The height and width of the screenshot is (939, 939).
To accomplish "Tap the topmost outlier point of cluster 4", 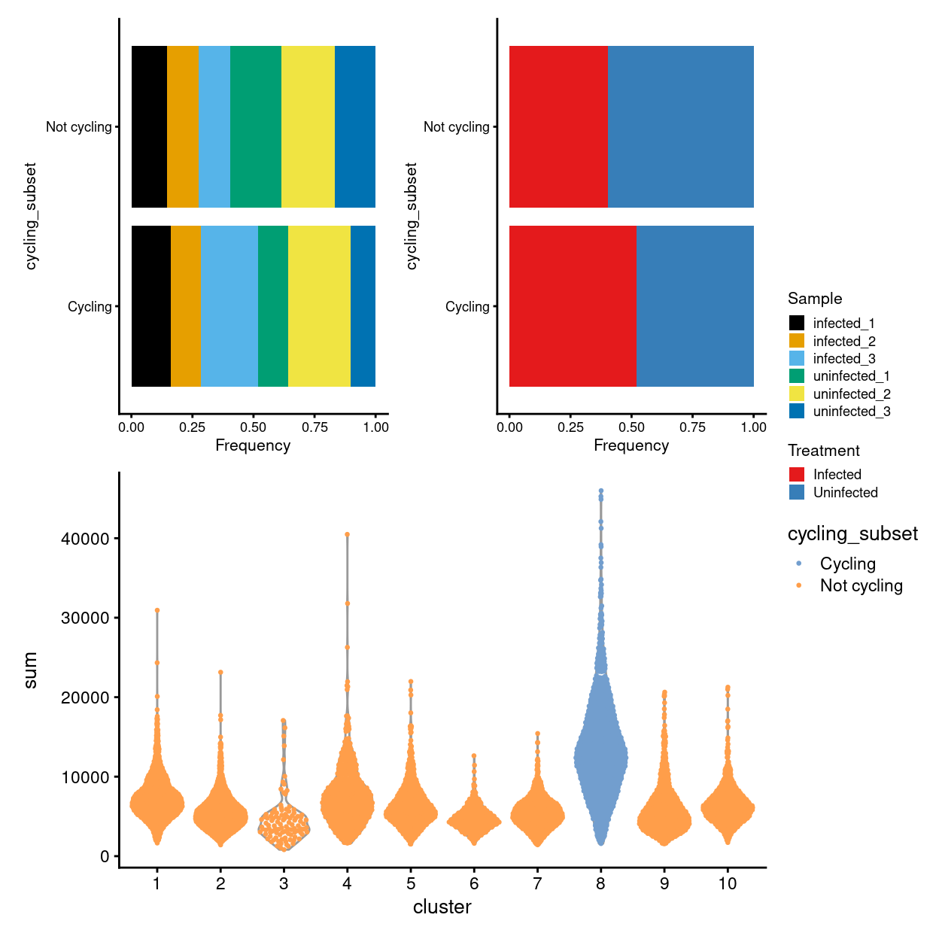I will point(347,535).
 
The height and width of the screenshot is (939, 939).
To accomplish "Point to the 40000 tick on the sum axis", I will point(85,539).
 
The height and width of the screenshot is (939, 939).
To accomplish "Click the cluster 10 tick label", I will point(727,883).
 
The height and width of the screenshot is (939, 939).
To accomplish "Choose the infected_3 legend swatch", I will point(797,358).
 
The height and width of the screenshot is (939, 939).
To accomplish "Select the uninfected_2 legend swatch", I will point(797,394).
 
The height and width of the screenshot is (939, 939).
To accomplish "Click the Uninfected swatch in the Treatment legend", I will point(797,492).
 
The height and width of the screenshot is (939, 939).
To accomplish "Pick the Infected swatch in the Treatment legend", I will point(797,474).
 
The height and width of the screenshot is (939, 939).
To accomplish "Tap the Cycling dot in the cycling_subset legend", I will point(798,564).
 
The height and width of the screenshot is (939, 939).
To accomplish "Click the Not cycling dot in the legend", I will point(798,585).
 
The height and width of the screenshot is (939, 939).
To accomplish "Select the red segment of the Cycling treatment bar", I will point(573,306).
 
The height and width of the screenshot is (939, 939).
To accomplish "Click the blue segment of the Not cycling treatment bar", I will point(680,126).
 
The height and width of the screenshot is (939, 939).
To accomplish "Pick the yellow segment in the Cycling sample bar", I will point(319,306).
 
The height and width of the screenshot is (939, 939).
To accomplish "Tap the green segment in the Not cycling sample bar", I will point(255,126).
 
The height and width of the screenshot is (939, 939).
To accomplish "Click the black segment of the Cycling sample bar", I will point(150,306).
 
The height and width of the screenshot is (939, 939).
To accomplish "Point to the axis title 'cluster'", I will point(442,907).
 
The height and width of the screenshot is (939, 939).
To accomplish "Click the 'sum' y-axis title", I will point(30,670).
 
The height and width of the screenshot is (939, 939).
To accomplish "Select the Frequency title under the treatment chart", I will point(631,445).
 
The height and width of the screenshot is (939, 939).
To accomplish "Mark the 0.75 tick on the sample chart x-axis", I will point(315,427).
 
